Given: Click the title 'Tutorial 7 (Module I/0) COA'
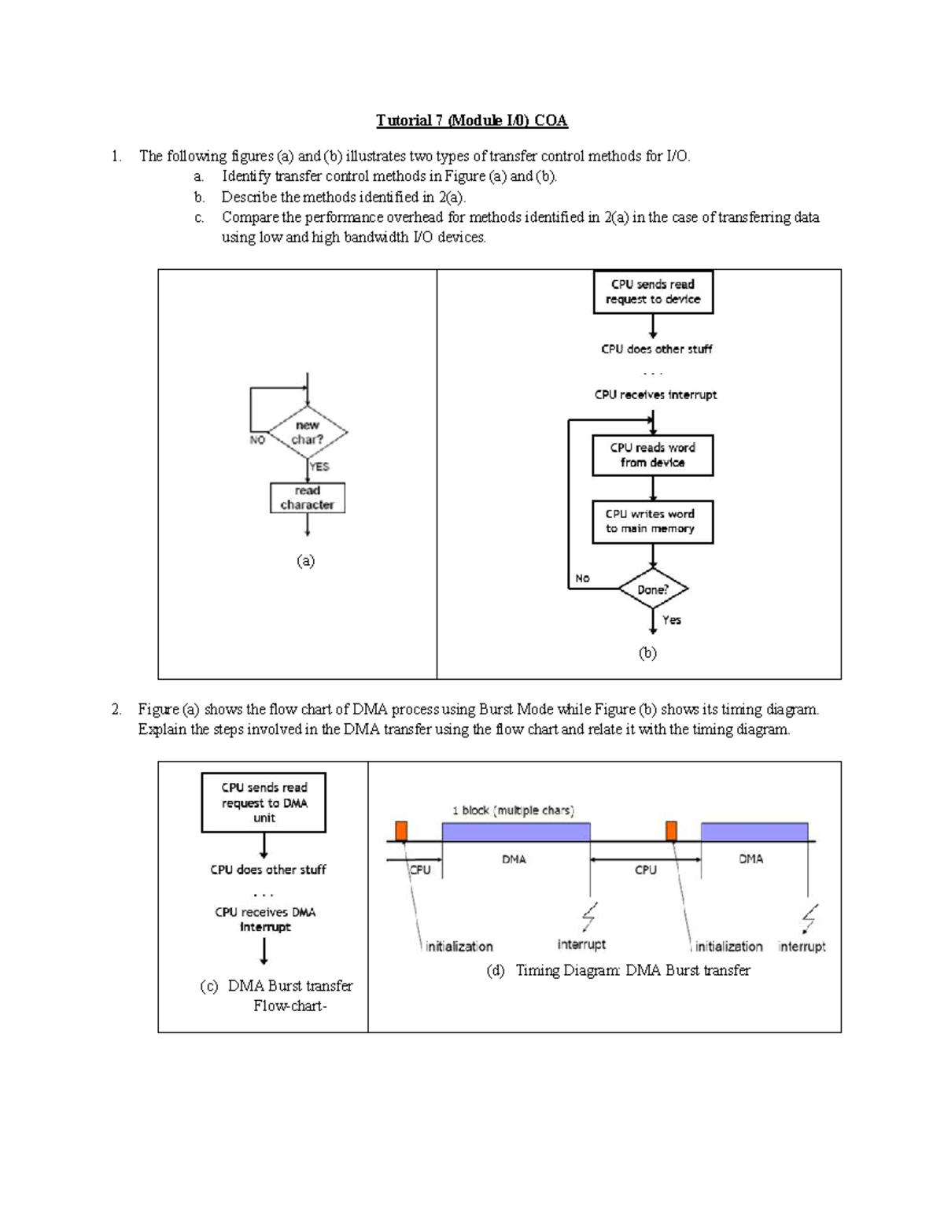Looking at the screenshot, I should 471,120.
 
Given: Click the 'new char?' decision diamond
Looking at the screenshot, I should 308,432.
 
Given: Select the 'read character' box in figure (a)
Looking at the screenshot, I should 307,498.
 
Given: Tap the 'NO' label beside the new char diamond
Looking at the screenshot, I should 257,441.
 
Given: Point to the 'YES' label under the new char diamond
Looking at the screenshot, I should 319,467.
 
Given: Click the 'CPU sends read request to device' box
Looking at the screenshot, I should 653,292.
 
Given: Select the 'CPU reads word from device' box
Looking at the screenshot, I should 653,455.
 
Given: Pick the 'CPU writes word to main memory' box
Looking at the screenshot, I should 653,522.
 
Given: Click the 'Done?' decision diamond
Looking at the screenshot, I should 653,589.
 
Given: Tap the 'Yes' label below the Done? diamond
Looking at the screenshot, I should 672,620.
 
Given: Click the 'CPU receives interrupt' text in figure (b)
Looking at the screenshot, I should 655,395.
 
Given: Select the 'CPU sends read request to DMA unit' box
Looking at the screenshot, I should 264,803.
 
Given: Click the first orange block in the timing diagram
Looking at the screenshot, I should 401,831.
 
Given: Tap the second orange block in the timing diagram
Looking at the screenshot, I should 671,831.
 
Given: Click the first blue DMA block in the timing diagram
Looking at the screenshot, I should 515,832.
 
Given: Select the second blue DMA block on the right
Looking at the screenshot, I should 754,832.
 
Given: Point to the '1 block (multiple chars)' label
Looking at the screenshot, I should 513,810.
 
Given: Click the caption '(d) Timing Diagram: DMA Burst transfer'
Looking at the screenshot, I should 618,970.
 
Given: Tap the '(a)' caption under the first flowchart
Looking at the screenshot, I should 305,560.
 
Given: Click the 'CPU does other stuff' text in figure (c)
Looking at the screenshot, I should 267,869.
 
